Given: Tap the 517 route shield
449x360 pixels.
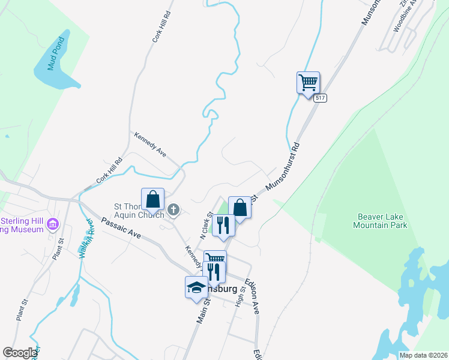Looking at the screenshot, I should point(319,98).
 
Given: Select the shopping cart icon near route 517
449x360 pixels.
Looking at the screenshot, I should point(308,82).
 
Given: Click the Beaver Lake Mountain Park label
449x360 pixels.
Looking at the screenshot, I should point(382,221).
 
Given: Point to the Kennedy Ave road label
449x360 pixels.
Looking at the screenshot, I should point(150,144).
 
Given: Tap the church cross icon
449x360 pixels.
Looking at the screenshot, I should point(173,209).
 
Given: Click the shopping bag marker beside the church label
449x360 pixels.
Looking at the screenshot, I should point(152,199).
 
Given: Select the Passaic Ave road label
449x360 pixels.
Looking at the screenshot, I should point(121,229).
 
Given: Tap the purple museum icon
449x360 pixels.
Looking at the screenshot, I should point(53,224).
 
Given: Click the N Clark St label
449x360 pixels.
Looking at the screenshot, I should point(206,224).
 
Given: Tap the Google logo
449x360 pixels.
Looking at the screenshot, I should point(20,353).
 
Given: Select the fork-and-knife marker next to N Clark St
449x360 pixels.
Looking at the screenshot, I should point(223,226).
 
